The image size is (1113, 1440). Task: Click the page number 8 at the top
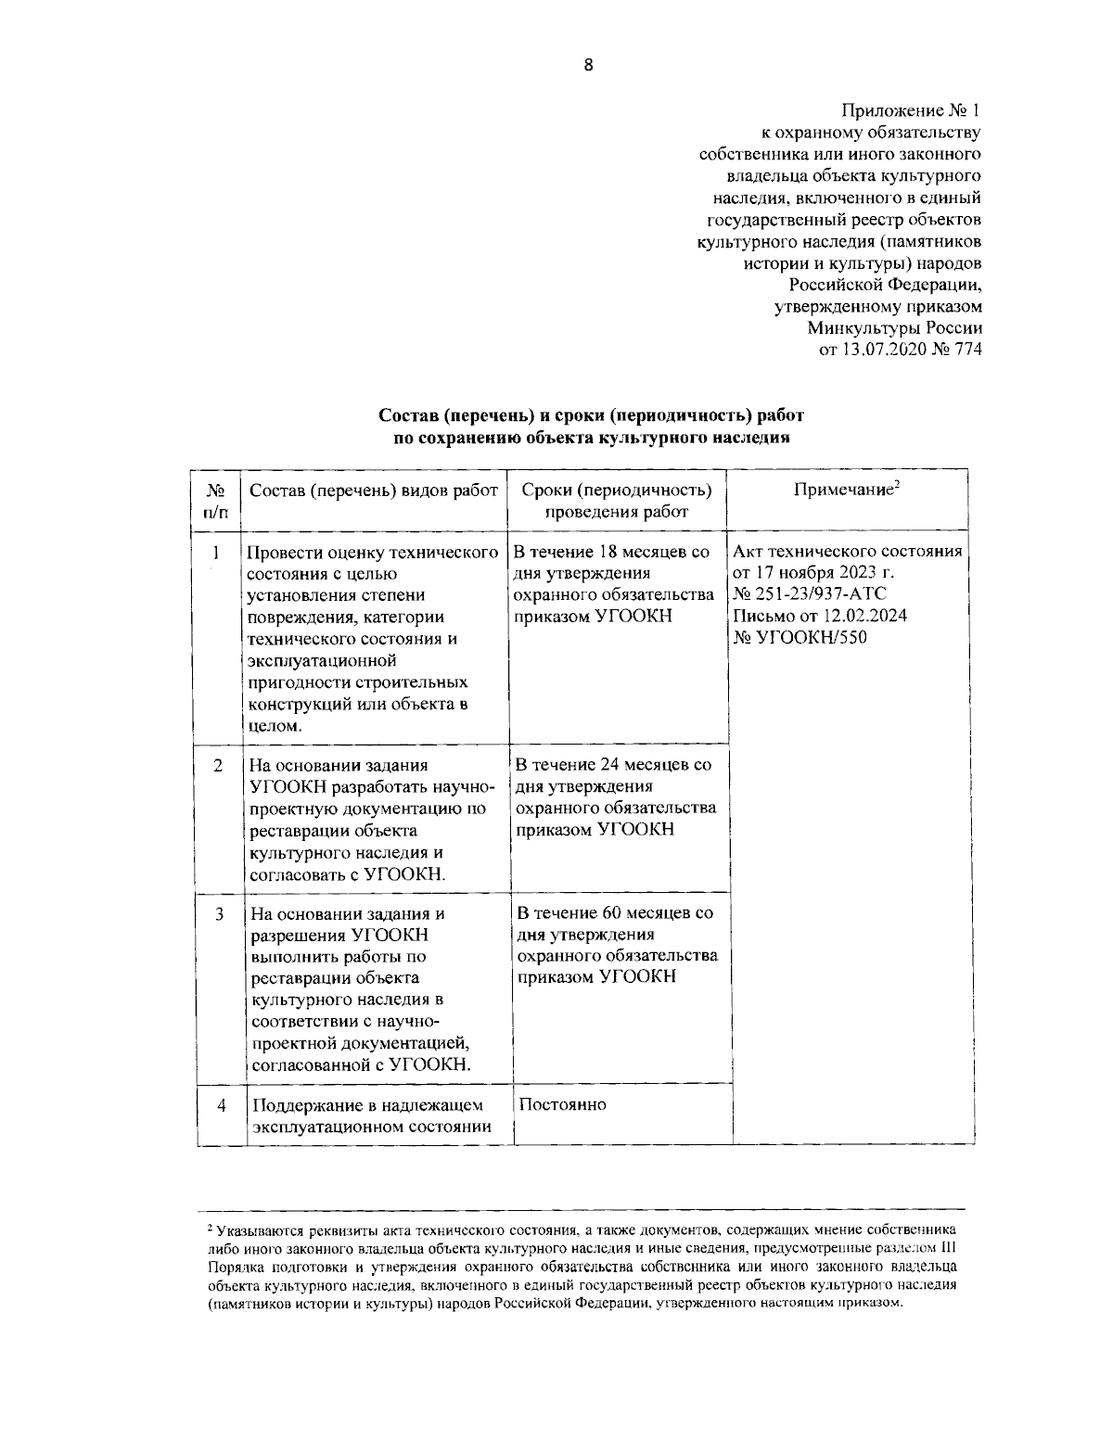tap(588, 64)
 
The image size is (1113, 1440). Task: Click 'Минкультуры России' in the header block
tap(894, 327)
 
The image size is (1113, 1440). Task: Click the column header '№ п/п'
tap(216, 501)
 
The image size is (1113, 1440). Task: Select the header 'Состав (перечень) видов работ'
tap(374, 491)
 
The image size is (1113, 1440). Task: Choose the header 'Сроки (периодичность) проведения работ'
tap(617, 501)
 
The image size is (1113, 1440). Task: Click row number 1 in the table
tap(216, 553)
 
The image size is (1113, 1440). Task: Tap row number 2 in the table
tap(218, 765)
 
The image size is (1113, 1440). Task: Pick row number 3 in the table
tap(219, 913)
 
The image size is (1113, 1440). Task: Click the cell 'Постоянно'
tap(563, 1104)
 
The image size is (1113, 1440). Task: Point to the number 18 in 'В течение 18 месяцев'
tap(605, 553)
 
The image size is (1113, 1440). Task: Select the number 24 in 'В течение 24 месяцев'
tap(608, 765)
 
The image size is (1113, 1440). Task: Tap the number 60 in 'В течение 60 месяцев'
tap(609, 912)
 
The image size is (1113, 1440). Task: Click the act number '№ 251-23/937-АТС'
tap(809, 594)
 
